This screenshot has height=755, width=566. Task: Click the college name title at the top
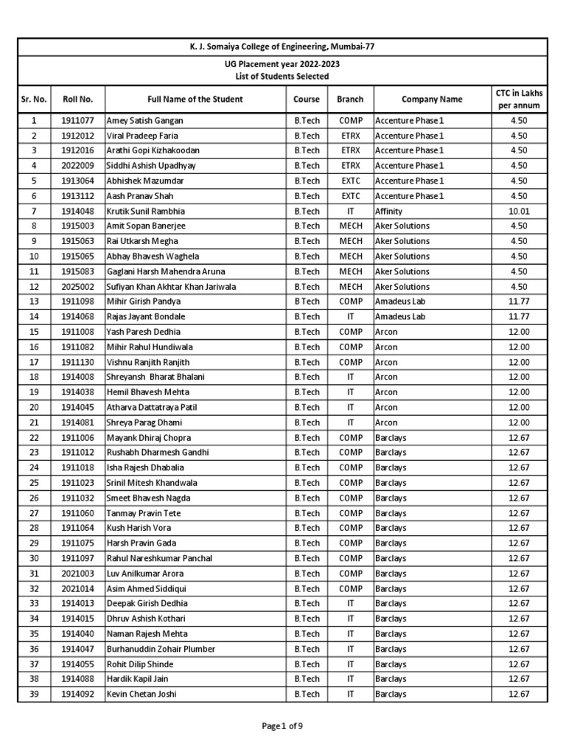click(282, 47)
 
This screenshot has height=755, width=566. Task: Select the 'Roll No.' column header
click(77, 99)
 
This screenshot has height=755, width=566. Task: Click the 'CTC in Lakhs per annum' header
click(519, 99)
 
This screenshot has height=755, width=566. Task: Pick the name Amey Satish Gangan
click(145, 120)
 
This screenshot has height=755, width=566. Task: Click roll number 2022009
click(77, 166)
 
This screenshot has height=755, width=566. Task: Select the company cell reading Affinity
click(389, 211)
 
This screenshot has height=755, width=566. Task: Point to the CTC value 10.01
click(519, 211)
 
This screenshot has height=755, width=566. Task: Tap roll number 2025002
click(77, 287)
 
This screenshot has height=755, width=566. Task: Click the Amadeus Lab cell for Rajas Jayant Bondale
click(400, 317)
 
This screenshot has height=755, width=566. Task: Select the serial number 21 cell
click(34, 422)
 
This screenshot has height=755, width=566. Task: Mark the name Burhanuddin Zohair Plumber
click(161, 649)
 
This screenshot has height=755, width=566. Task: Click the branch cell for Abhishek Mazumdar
click(351, 181)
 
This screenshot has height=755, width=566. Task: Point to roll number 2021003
click(77, 574)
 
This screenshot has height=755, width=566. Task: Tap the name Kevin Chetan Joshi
click(141, 694)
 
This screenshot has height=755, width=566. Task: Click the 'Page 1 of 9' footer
click(282, 726)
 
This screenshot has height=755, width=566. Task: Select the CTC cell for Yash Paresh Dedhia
click(519, 332)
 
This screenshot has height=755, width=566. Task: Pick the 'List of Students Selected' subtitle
click(282, 77)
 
